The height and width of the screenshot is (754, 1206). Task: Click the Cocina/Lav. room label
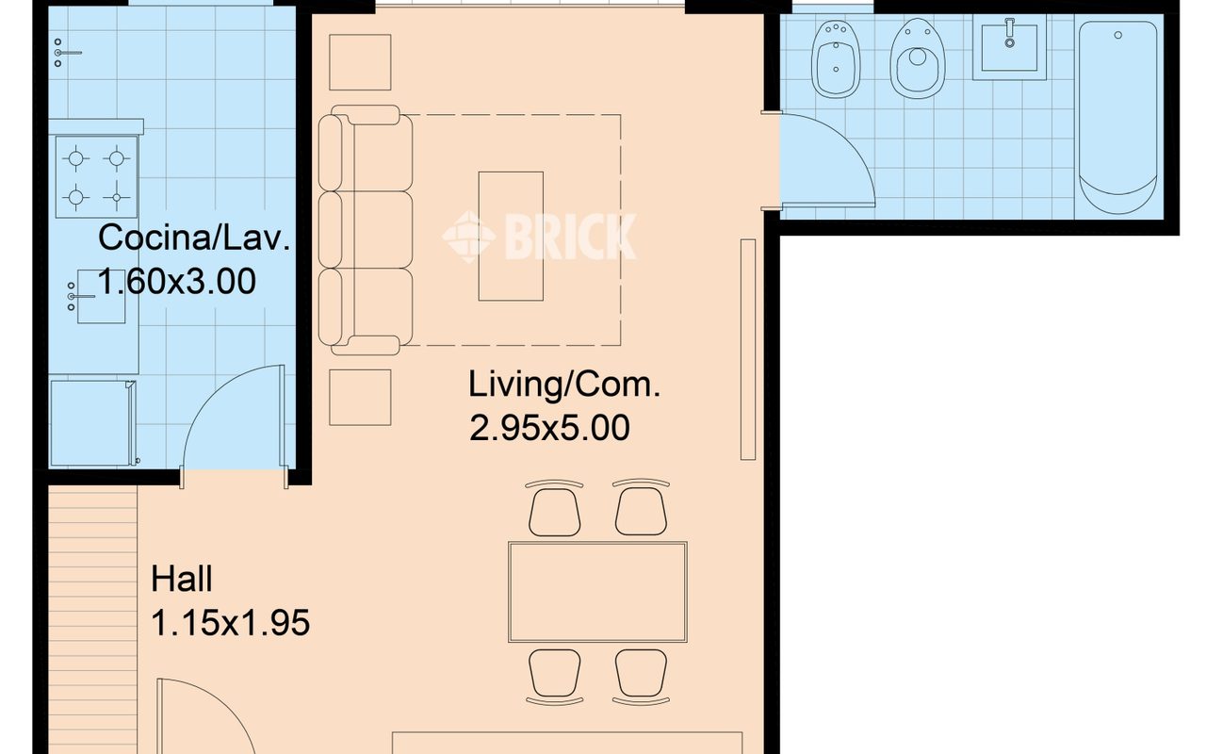tap(194, 238)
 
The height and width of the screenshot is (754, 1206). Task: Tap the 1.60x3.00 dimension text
tap(176, 281)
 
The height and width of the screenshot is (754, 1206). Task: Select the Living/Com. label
tap(564, 385)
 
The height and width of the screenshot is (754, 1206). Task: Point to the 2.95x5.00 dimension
tap(549, 428)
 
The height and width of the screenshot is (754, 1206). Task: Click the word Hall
tap(182, 579)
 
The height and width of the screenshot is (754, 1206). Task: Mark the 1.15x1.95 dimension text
tap(231, 623)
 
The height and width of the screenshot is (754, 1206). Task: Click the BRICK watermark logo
tap(539, 237)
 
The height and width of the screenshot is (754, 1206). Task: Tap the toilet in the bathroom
tap(918, 58)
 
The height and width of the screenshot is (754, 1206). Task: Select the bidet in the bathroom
tap(836, 59)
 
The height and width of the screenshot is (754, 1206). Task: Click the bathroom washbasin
tap(1009, 47)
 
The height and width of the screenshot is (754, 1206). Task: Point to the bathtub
tap(1118, 118)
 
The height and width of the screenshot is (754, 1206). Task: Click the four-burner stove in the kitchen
tap(96, 177)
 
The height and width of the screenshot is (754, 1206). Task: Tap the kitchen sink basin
tap(101, 296)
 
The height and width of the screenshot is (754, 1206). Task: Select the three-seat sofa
tap(366, 230)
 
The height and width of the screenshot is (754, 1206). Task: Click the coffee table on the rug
tap(511, 236)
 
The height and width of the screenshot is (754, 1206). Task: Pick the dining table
tap(597, 592)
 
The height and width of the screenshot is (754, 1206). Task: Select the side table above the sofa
tap(360, 62)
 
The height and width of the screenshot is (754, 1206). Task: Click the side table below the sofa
tap(360, 398)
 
